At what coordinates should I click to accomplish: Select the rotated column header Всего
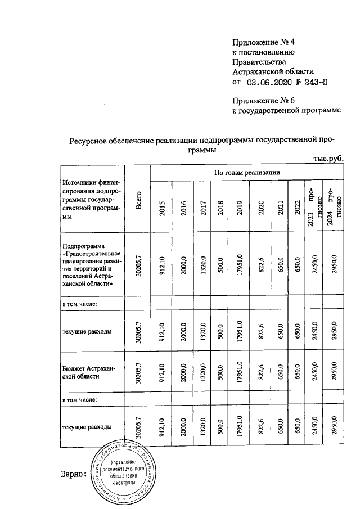(138, 200)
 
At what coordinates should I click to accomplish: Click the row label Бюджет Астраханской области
(90, 372)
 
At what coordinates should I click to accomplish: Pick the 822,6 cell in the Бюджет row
(259, 372)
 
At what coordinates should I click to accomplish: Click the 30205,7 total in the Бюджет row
(138, 372)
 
